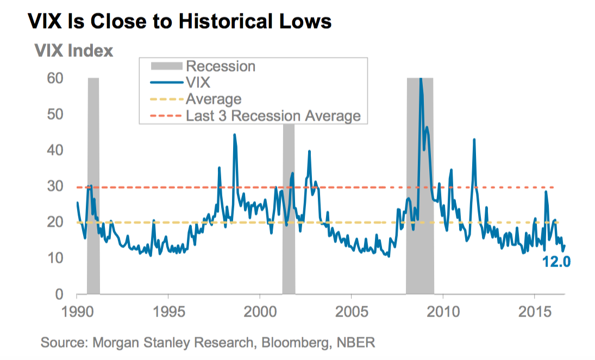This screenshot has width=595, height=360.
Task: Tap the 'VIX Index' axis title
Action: click(73, 51)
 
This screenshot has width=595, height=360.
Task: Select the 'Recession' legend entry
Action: click(220, 66)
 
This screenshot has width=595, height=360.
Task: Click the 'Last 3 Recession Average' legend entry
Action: click(273, 115)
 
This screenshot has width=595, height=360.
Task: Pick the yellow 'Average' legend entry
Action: click(213, 99)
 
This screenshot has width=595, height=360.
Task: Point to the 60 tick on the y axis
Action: click(56, 78)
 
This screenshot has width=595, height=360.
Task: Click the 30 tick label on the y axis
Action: click(56, 187)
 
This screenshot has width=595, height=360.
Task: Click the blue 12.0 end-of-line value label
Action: click(556, 262)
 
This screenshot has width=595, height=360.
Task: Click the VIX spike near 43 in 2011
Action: click(474, 140)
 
